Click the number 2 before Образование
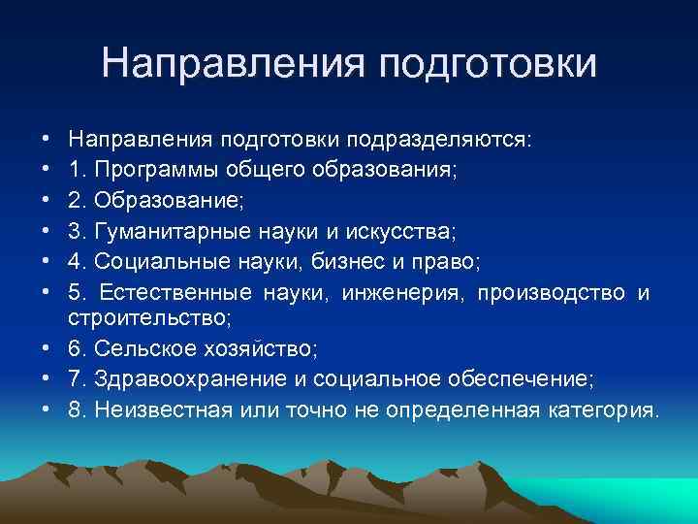[x=75, y=202]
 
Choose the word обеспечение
[x=536, y=379]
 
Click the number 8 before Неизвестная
[x=75, y=409]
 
